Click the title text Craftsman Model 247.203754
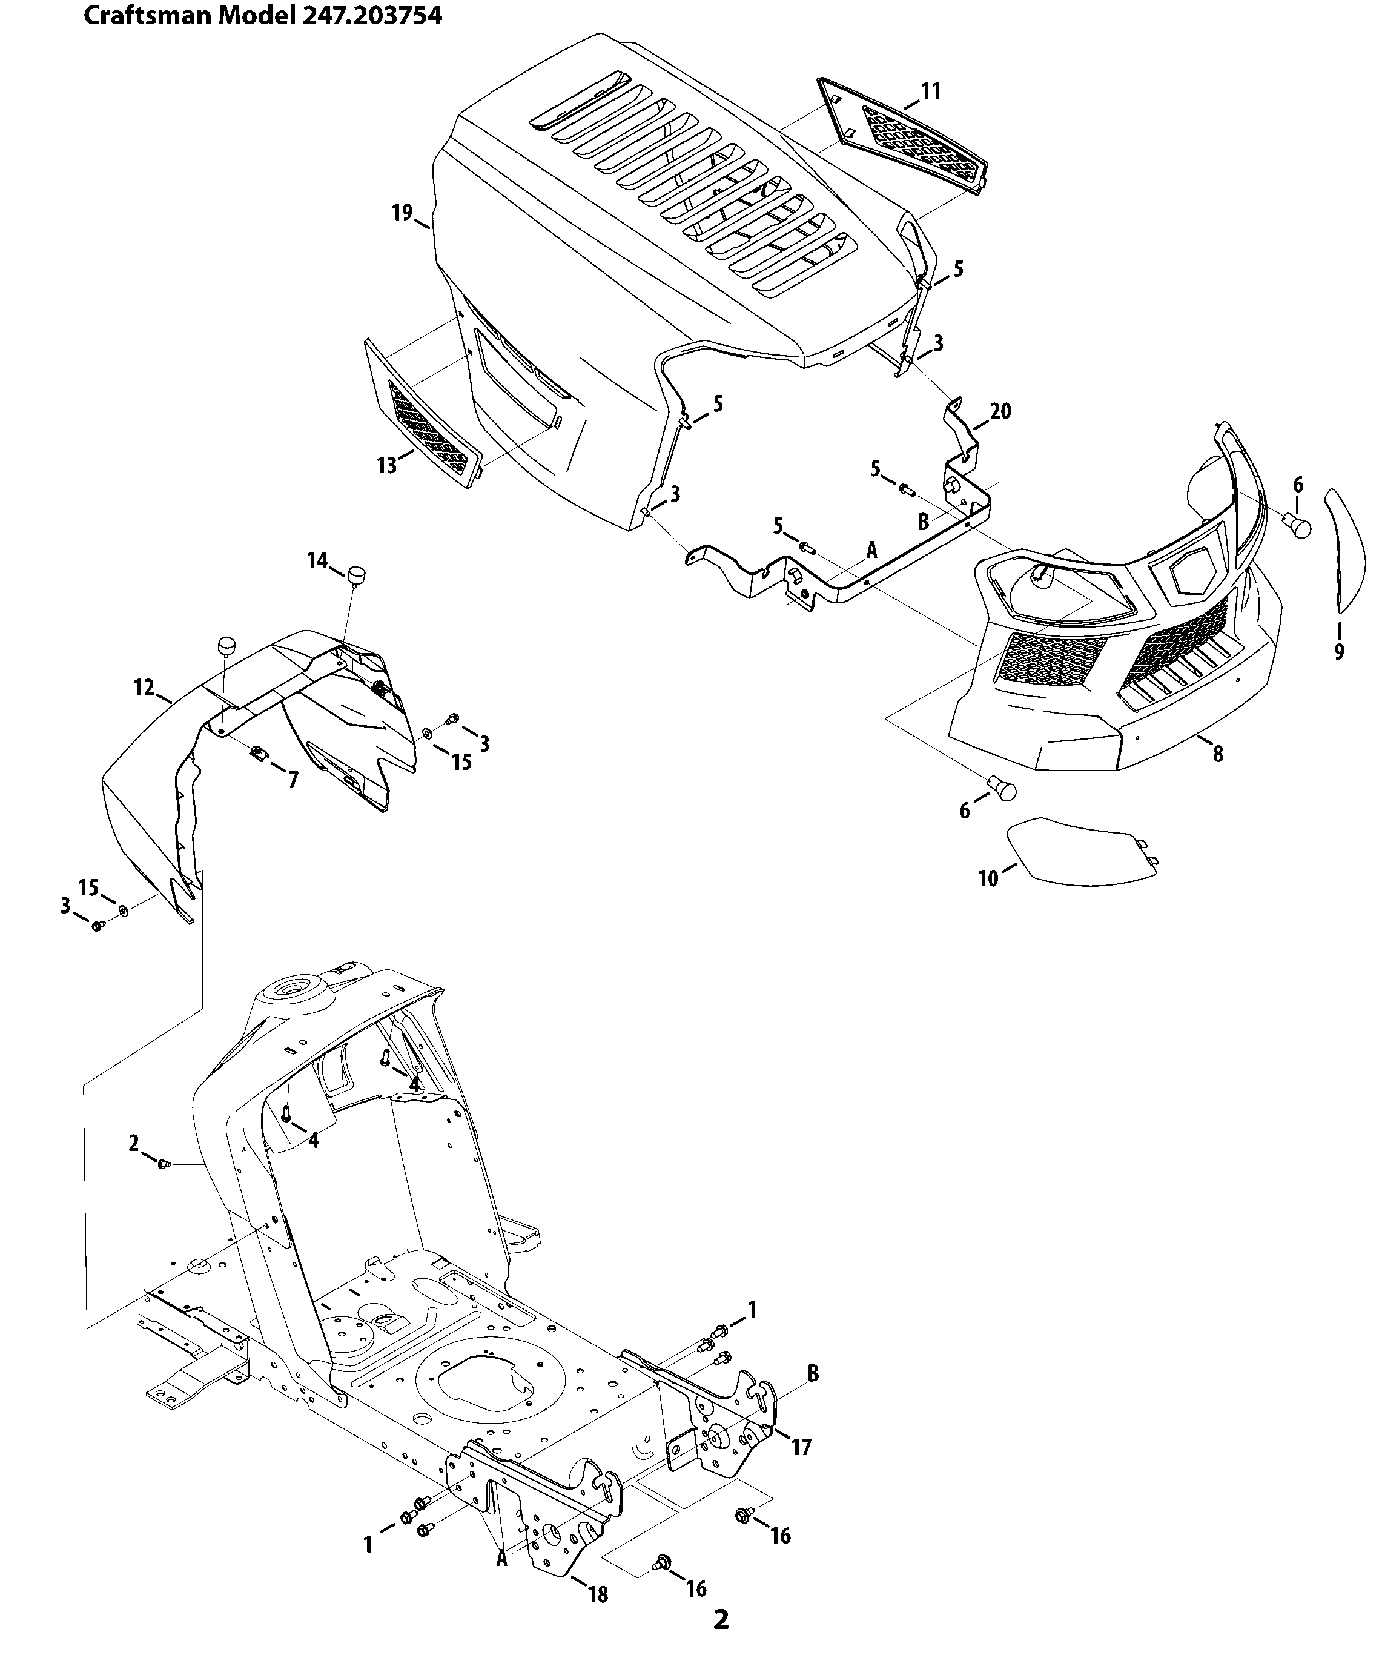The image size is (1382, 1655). pyautogui.click(x=262, y=16)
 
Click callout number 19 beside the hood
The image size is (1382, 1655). pyautogui.click(x=402, y=213)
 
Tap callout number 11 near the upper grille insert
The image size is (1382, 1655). pyautogui.click(x=931, y=91)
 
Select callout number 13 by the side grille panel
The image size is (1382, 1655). pyautogui.click(x=387, y=465)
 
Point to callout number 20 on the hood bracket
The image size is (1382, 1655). pyautogui.click(x=1000, y=411)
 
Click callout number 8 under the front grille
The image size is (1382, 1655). pyautogui.click(x=1217, y=754)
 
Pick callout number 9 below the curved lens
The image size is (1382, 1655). pyautogui.click(x=1338, y=652)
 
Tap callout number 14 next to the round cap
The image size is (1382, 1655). pyautogui.click(x=317, y=560)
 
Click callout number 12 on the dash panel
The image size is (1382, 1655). pyautogui.click(x=144, y=687)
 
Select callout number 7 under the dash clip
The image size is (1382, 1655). pyautogui.click(x=293, y=780)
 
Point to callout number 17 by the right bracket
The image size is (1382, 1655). pyautogui.click(x=801, y=1447)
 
